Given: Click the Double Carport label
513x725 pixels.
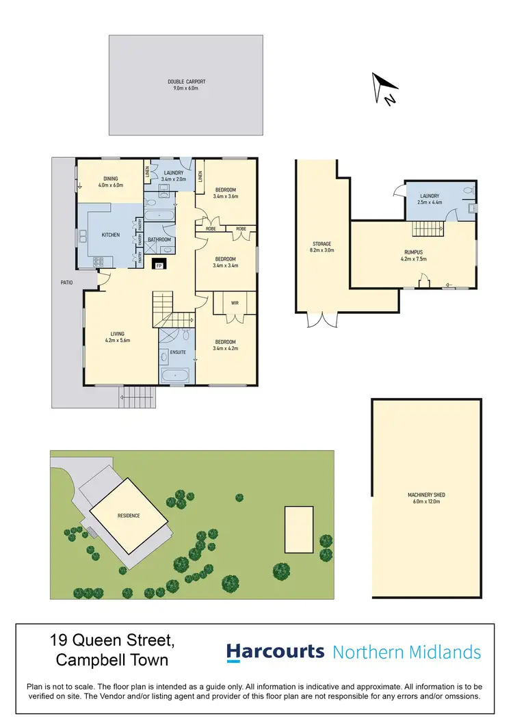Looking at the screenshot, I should [x=186, y=82].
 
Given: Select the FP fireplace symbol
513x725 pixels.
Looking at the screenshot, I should [x=159, y=265].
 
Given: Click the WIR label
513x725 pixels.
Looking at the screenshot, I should [x=235, y=302].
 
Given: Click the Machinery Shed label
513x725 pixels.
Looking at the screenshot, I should [x=426, y=495].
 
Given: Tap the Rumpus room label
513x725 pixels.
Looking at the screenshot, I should [x=414, y=252].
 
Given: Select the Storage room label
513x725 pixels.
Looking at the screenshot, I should [x=322, y=243].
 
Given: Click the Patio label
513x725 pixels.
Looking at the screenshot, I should [x=66, y=281].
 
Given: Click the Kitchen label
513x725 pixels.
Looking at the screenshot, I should [x=111, y=235].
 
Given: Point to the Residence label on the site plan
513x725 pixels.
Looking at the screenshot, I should [x=129, y=516].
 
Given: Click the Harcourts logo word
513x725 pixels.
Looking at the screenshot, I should [x=276, y=652].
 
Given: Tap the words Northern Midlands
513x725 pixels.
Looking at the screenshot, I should [x=406, y=652].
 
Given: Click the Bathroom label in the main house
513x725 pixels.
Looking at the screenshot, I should [x=159, y=239].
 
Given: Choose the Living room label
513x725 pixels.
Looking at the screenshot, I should [x=117, y=334].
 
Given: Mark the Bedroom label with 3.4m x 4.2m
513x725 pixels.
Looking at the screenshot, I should [x=226, y=342].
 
